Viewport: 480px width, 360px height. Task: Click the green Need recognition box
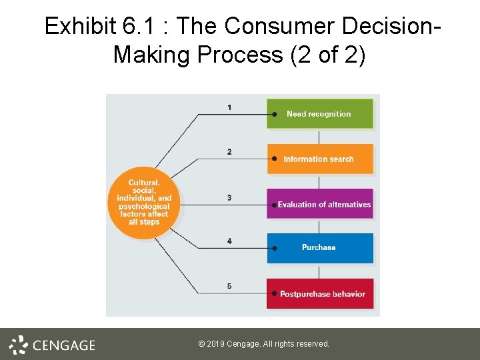(x=320, y=113)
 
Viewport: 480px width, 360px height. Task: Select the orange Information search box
(x=320, y=159)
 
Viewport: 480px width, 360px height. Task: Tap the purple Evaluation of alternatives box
(x=320, y=204)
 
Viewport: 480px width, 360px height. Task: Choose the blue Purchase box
(x=320, y=248)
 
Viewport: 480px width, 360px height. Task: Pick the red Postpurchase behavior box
(x=320, y=293)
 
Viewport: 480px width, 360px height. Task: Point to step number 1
(x=229, y=107)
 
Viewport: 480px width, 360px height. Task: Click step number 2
(x=229, y=152)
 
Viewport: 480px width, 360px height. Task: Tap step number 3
(x=229, y=197)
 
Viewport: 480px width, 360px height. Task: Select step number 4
(x=229, y=241)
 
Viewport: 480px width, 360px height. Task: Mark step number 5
(x=229, y=286)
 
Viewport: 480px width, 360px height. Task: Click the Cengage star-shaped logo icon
(x=18, y=344)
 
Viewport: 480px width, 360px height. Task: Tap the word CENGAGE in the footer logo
(x=64, y=345)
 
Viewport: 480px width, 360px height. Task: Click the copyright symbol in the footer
(x=201, y=344)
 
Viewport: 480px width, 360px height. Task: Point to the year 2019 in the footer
(x=215, y=344)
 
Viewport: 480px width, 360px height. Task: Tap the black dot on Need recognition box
(x=274, y=114)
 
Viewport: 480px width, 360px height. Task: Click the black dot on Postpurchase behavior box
(x=274, y=293)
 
